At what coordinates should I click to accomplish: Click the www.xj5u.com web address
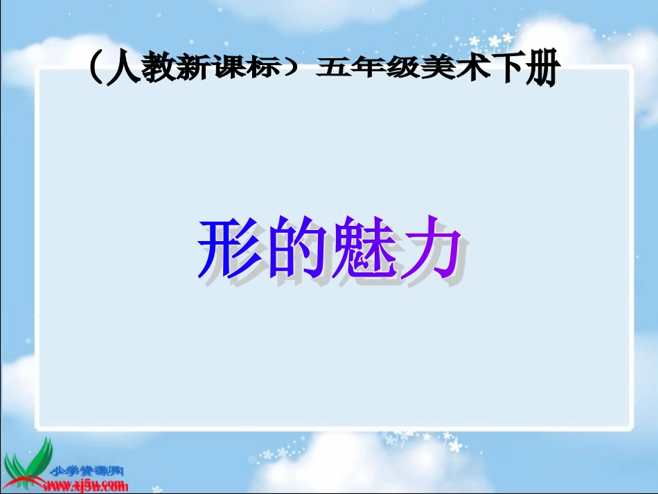(x=87, y=484)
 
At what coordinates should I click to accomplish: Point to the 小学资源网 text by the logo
(x=87, y=471)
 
